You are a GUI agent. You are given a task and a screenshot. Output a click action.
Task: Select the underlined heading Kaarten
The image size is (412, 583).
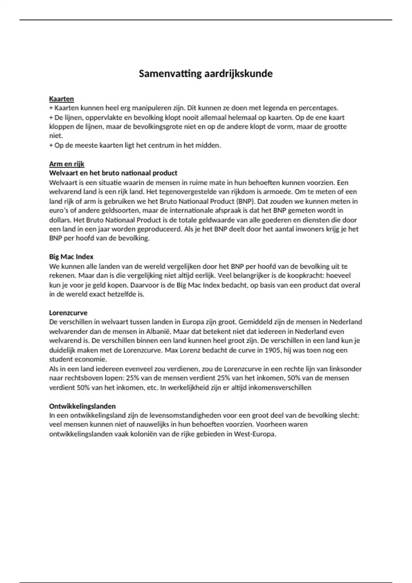pyautogui.click(x=61, y=99)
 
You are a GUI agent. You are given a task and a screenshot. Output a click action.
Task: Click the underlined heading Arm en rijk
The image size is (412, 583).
pyautogui.click(x=67, y=164)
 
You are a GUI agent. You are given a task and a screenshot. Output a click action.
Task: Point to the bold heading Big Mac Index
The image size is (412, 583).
pyautogui.click(x=71, y=257)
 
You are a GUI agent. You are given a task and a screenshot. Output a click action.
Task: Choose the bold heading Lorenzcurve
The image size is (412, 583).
pyautogui.click(x=68, y=313)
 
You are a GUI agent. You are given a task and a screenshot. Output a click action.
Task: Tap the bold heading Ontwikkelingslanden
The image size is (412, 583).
pyautogui.click(x=82, y=406)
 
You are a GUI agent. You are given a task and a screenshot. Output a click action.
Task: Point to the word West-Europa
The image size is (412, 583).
pyautogui.click(x=255, y=434)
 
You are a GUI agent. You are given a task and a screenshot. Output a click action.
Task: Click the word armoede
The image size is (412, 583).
pyautogui.click(x=273, y=192)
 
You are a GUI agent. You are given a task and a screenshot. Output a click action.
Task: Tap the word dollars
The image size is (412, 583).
pyautogui.click(x=60, y=220)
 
